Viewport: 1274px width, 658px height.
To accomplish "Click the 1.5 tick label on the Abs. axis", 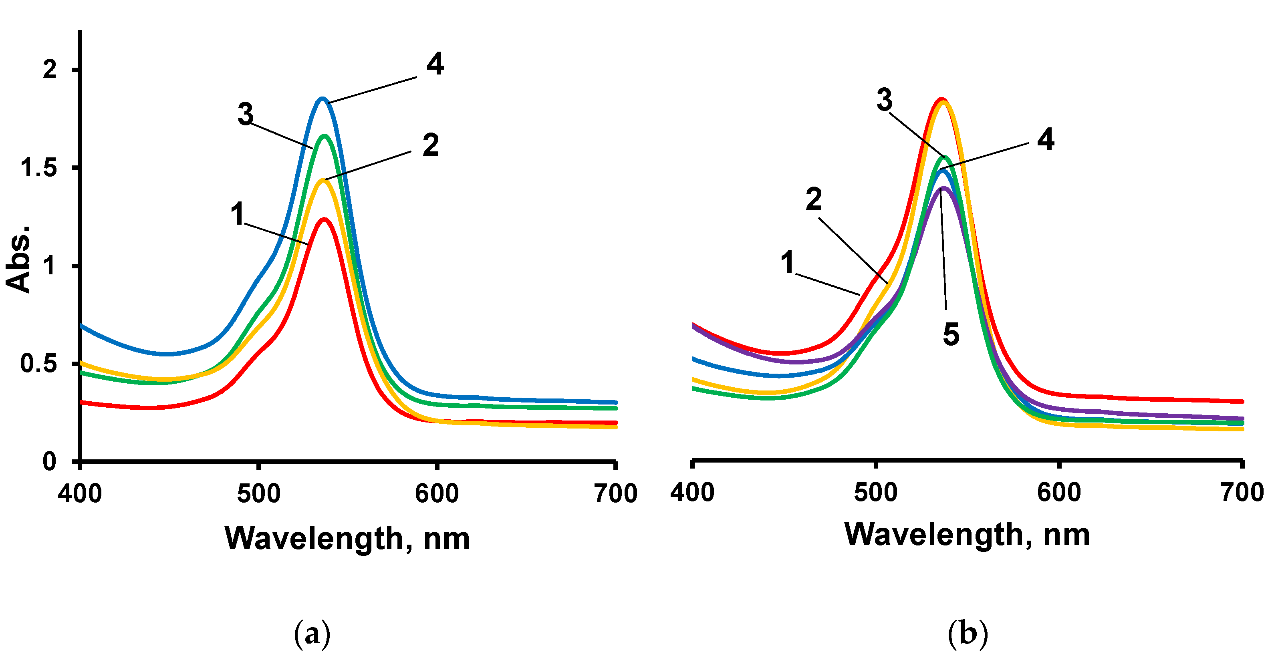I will click(38, 168).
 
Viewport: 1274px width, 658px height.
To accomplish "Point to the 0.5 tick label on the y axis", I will click(38, 364).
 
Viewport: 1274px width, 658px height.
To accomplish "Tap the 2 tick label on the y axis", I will click(49, 69).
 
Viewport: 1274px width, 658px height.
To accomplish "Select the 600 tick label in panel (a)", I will click(437, 493).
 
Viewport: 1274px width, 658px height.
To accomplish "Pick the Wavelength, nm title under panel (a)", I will click(347, 538).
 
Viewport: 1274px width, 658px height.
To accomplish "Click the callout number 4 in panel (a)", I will click(435, 65).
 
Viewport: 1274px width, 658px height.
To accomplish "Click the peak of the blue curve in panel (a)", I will click(323, 99).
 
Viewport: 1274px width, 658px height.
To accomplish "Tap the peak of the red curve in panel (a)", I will click(325, 219).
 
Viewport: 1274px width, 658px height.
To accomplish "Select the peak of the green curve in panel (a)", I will click(325, 135).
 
